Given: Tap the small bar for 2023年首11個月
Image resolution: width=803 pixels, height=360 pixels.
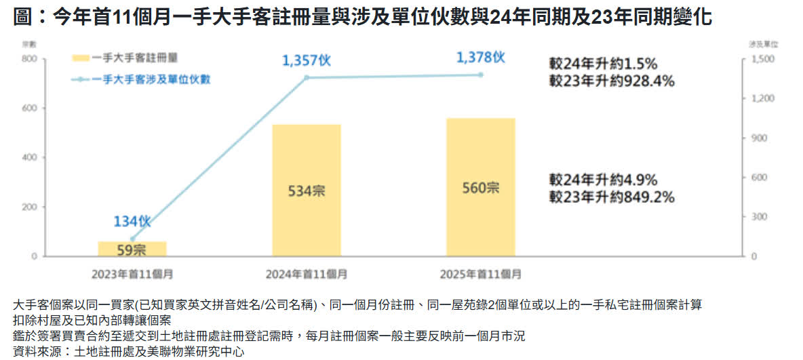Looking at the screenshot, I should (132, 249).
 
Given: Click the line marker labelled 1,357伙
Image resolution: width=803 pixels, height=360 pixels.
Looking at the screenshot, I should (307, 78).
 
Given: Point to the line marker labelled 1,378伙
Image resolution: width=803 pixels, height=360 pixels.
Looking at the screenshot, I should (481, 75).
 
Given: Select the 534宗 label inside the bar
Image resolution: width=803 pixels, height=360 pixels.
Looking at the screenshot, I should (307, 191).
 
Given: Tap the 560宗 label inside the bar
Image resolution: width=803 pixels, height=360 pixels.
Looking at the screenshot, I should (481, 189).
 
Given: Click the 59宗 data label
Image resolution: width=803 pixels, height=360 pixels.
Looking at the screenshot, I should (132, 250).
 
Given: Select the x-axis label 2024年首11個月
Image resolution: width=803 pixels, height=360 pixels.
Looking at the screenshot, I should (307, 275).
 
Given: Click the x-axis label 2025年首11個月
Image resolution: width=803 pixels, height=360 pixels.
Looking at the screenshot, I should (481, 275).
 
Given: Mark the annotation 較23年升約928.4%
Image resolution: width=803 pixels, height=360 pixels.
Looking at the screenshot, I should (612, 81).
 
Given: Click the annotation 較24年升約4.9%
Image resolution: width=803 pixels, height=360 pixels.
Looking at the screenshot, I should (603, 180).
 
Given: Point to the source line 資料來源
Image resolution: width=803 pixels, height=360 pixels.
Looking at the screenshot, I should (128, 351).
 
